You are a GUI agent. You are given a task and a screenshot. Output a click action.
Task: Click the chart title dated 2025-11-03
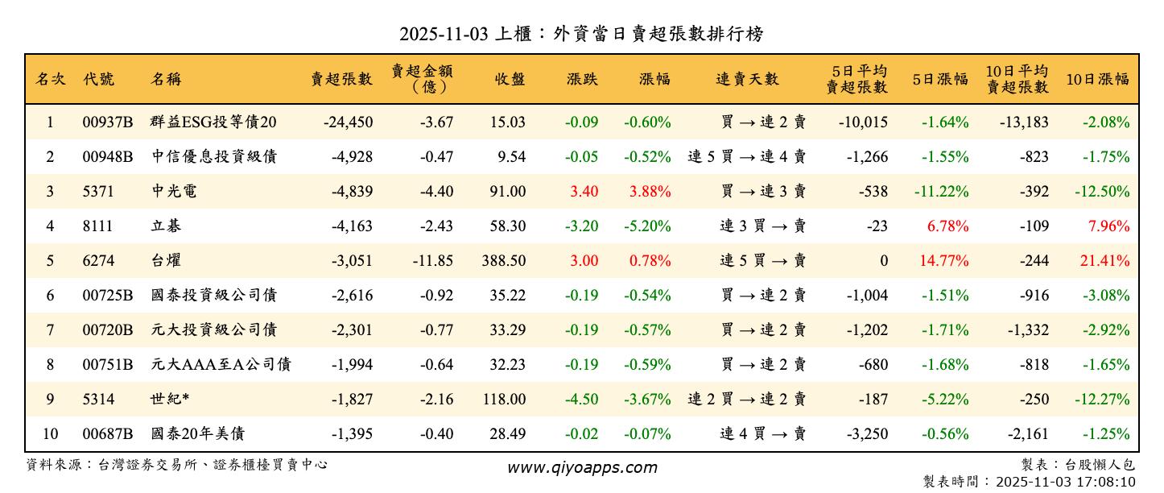(x=581, y=34)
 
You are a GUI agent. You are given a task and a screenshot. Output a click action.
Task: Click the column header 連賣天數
(x=747, y=79)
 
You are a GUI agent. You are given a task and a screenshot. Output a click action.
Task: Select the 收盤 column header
(x=510, y=79)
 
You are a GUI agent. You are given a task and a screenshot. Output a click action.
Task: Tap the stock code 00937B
(x=107, y=122)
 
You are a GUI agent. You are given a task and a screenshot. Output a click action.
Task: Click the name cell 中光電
(x=174, y=192)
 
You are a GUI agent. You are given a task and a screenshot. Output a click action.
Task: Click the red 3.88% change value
(x=647, y=192)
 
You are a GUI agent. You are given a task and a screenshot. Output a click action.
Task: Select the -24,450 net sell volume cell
(x=348, y=122)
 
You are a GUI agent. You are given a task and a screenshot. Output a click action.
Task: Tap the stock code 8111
(x=97, y=226)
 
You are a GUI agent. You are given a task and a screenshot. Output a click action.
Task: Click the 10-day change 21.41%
(x=1108, y=261)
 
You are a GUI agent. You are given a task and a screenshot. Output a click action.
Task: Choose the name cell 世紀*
(x=170, y=400)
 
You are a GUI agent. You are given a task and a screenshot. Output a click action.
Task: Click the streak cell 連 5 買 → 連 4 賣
(x=747, y=157)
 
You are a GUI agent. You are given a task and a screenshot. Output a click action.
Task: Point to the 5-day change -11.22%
(x=941, y=192)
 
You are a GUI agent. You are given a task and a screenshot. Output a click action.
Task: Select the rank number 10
(x=50, y=434)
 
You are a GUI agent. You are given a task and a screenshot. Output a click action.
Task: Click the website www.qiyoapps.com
(x=581, y=467)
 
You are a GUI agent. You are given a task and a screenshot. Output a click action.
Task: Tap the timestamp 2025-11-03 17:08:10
(x=1065, y=482)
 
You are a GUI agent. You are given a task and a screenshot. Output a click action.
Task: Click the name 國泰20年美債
(x=197, y=434)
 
